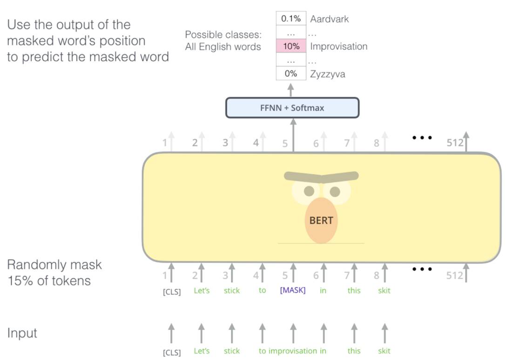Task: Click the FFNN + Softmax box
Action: coord(292,108)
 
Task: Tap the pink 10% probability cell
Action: coord(291,47)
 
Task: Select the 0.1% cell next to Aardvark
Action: coord(291,19)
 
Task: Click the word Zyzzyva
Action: coord(328,74)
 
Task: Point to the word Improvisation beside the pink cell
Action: coord(338,47)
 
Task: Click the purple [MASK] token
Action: coord(293,291)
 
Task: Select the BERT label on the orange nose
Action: coord(321,220)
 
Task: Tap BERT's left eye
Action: coord(309,191)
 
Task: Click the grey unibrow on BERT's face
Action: coord(321,176)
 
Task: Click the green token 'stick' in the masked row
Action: coord(231,291)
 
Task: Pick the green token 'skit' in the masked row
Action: coord(385,291)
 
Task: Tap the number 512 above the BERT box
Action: coord(455,142)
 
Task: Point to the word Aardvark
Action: coord(329,19)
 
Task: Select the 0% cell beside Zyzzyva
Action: coord(291,73)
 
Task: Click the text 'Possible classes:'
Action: coord(223,35)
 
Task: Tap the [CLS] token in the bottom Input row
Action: coord(171,352)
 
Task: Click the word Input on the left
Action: coord(22,333)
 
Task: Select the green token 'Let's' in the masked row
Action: coord(202,291)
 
